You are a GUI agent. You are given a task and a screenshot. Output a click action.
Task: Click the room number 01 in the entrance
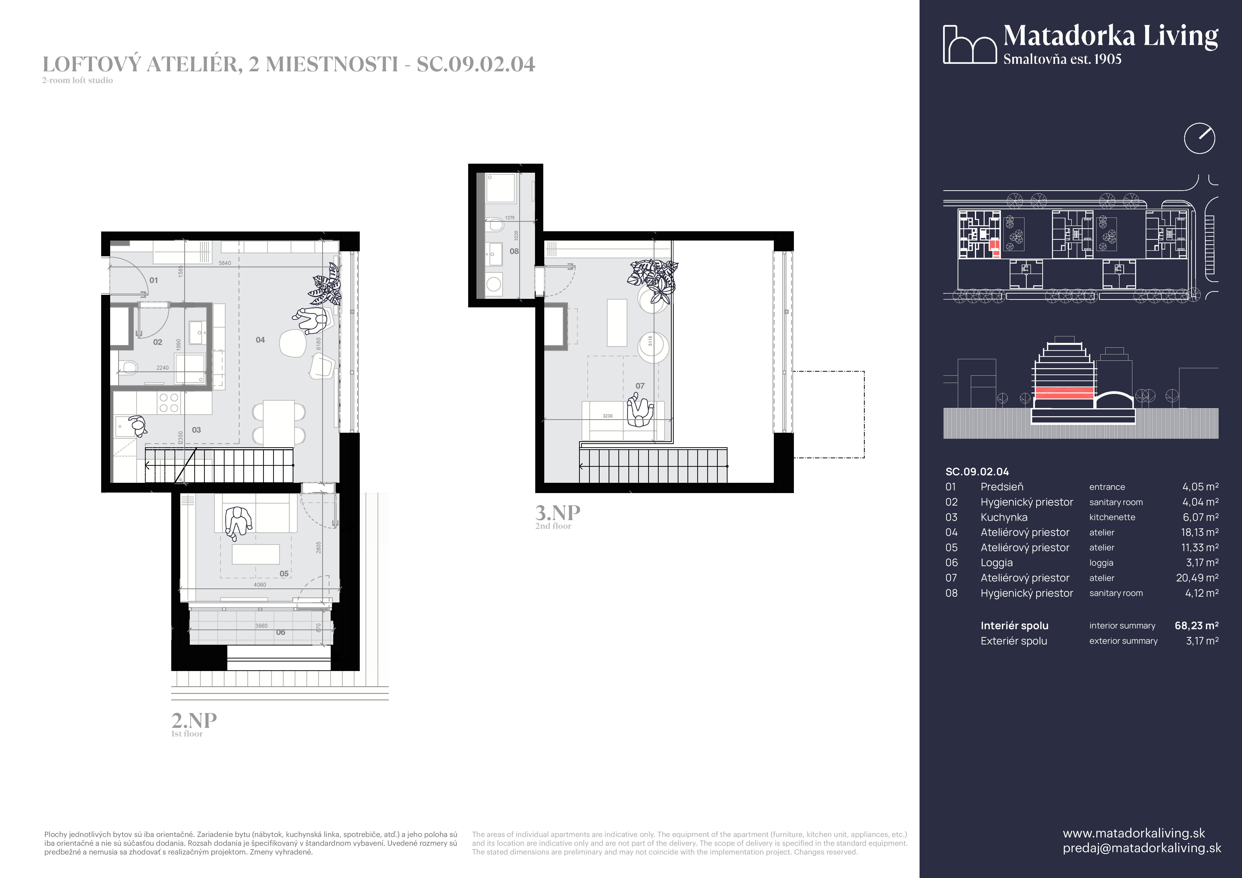pyautogui.click(x=154, y=280)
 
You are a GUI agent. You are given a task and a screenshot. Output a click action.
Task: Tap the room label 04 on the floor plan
pyautogui.click(x=260, y=340)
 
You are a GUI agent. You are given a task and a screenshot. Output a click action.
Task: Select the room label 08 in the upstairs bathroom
pyautogui.click(x=514, y=251)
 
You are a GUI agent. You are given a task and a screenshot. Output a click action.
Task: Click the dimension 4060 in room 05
pyautogui.click(x=260, y=584)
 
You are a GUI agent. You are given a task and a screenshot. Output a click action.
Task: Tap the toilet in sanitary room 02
pyautogui.click(x=128, y=368)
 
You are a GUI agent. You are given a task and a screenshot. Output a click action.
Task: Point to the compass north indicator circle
pyautogui.click(x=1199, y=138)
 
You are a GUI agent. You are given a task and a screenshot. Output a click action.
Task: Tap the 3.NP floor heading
pyautogui.click(x=557, y=512)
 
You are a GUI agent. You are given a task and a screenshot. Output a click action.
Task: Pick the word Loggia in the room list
pyautogui.click(x=996, y=563)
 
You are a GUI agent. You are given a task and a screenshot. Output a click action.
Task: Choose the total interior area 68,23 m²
pyautogui.click(x=1196, y=625)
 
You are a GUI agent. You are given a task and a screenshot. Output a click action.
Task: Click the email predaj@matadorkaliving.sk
pyautogui.click(x=1141, y=848)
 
